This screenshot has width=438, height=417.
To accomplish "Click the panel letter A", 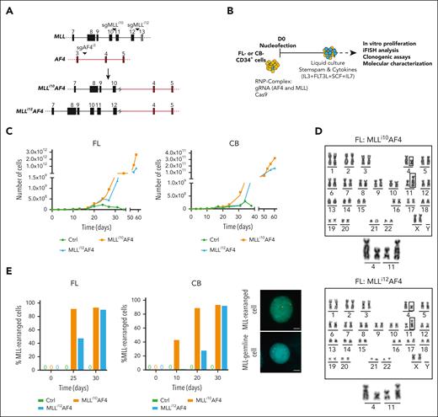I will tap(6, 6).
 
